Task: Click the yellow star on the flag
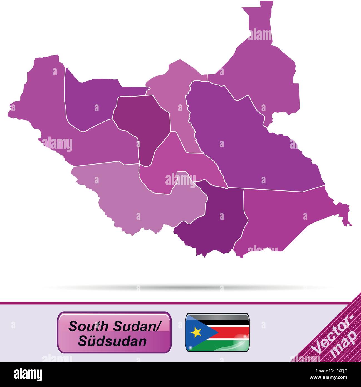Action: [x=196, y=332]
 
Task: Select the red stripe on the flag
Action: [x=234, y=332]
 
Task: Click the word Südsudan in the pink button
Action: [x=112, y=341]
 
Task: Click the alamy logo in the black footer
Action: [x=28, y=374]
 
